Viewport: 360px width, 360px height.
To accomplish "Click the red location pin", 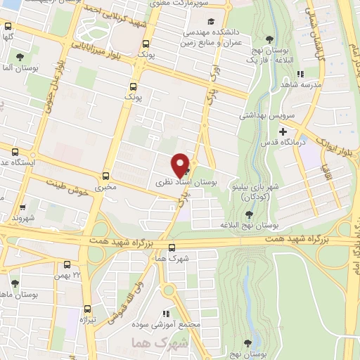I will [181, 164].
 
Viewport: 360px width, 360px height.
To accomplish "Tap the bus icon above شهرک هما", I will [172, 247].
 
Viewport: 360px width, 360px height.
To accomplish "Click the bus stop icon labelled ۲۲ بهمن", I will [67, 264].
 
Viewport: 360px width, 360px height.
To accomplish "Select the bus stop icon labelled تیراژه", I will [88, 309].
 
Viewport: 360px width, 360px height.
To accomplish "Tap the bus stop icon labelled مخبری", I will [106, 176].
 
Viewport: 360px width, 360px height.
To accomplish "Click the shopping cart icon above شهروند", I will [23, 207].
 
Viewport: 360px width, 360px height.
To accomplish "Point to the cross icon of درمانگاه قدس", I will [283, 131].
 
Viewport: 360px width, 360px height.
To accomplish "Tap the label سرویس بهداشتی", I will [265, 115].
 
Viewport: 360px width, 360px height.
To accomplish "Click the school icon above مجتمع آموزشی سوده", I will [166, 314].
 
